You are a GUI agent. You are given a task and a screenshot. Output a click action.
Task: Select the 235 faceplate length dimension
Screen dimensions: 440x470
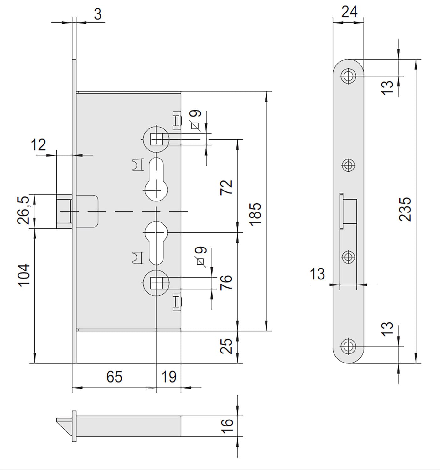[405, 209]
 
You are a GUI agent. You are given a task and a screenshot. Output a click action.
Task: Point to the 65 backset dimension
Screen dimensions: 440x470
[114, 377]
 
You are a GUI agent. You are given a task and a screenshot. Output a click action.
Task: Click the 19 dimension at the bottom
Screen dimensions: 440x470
[169, 377]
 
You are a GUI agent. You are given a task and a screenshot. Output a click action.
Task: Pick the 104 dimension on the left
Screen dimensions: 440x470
[24, 275]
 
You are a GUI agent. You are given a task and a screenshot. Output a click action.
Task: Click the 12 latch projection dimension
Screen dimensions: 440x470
[38, 145]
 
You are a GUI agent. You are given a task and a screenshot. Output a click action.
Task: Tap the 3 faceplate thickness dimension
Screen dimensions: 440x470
[98, 14]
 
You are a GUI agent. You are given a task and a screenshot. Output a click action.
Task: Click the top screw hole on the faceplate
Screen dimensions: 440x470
[348, 76]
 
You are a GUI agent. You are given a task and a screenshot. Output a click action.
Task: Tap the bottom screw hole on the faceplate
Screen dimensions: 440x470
[348, 347]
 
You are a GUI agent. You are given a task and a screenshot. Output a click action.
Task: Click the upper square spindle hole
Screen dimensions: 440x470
[157, 139]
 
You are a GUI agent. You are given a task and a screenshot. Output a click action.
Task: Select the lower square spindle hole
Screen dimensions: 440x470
[157, 283]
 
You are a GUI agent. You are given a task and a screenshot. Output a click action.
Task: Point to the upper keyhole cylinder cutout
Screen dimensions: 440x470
[156, 180]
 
